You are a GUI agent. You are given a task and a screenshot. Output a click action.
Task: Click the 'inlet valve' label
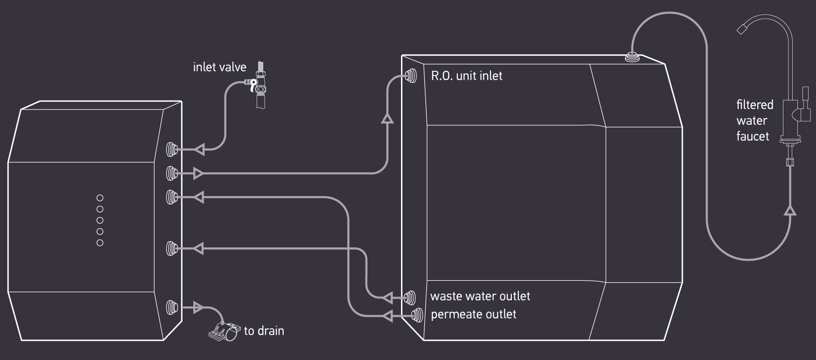[x=219, y=67]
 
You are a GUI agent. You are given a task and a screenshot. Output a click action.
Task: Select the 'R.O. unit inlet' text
[x=467, y=76]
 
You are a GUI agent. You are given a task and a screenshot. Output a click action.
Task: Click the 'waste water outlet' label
[x=480, y=296]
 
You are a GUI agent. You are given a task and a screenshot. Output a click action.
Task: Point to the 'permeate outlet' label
[x=473, y=314]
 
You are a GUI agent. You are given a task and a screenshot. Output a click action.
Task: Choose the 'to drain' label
[x=264, y=331]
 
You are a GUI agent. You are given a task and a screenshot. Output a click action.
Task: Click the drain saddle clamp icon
[x=224, y=331]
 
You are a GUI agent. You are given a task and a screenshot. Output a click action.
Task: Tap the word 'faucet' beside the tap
[x=752, y=136]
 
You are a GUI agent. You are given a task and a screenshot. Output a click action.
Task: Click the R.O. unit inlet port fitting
[x=411, y=76]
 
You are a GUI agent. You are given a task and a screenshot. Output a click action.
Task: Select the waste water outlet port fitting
[x=410, y=297]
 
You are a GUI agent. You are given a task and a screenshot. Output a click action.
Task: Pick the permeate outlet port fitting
[x=417, y=316]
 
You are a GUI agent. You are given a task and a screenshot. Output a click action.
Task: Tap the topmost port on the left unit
[x=172, y=149]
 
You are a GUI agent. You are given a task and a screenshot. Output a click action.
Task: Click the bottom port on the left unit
[x=172, y=307]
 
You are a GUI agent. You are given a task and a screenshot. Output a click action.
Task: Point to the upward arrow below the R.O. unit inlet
[x=387, y=119]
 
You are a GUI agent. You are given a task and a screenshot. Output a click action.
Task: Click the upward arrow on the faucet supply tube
[x=790, y=211]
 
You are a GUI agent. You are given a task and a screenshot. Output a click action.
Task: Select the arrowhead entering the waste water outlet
[x=388, y=297]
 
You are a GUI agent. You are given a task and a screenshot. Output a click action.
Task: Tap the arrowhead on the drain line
[x=198, y=307]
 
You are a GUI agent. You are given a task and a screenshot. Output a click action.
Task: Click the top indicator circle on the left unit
[x=100, y=198]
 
